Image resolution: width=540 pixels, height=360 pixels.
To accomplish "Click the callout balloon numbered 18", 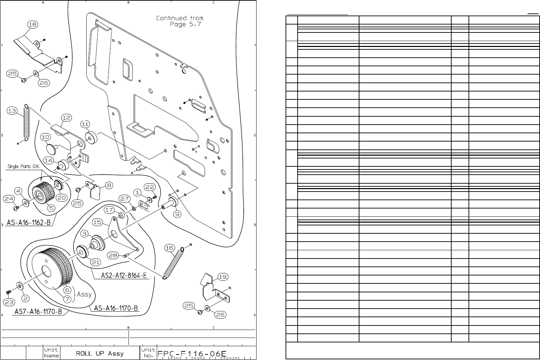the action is [33, 25].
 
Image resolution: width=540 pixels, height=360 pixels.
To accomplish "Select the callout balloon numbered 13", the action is [12, 110].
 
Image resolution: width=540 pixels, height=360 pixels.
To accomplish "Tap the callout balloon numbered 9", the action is [177, 214].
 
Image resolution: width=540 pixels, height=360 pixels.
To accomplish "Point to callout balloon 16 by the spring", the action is [169, 248].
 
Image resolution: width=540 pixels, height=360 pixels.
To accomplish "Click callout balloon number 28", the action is [113, 255].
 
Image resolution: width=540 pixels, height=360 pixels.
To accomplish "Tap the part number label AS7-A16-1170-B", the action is [38, 312].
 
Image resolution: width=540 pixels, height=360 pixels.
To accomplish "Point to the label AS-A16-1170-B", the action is [115, 308].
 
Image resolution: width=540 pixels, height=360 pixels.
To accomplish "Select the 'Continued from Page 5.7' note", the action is [180, 21].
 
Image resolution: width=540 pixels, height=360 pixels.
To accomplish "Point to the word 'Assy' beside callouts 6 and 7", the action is [84, 294].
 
